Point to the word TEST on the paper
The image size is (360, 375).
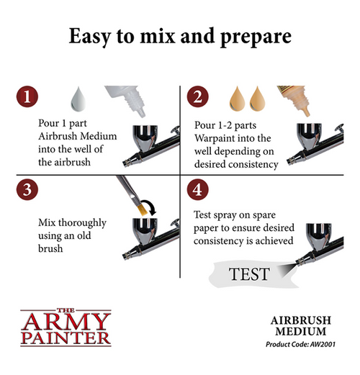point(248,274)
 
